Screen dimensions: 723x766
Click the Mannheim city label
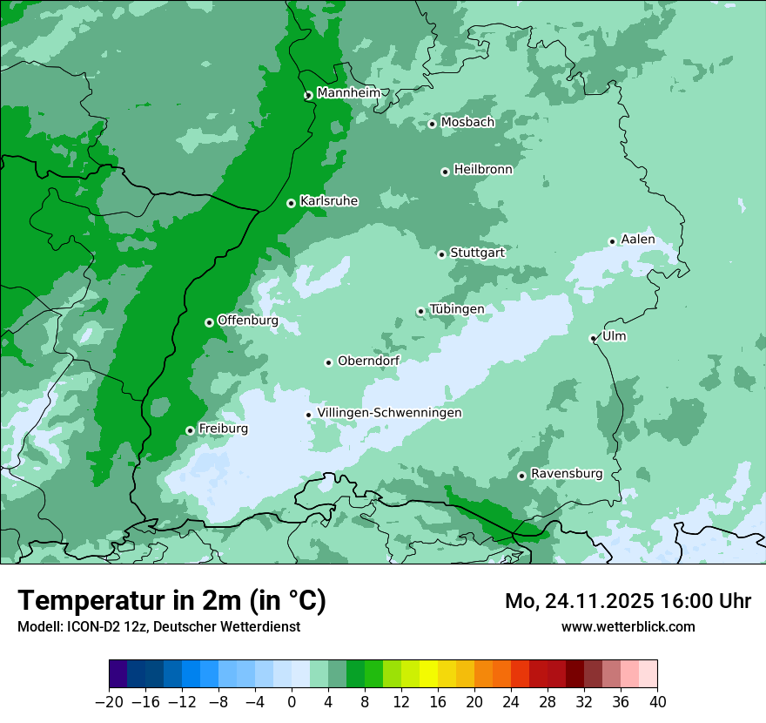click(x=348, y=93)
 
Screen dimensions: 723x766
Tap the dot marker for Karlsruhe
click(x=291, y=203)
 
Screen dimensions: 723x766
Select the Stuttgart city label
click(x=477, y=253)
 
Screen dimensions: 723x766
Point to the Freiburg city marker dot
click(x=190, y=430)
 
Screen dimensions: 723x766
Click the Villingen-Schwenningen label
click(x=389, y=413)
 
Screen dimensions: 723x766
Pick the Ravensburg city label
click(x=566, y=474)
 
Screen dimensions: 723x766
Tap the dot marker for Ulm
click(x=593, y=338)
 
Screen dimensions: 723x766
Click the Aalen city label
click(x=638, y=240)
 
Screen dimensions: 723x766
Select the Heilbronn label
click(x=483, y=170)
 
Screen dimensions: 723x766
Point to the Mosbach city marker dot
click(x=432, y=124)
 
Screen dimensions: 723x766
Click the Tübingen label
click(x=457, y=309)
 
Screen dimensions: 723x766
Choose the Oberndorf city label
click(x=369, y=361)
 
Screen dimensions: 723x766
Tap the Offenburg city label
click(x=248, y=321)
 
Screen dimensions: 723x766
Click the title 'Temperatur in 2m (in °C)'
click(x=171, y=601)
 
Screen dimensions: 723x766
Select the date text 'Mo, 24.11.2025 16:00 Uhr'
click(x=628, y=601)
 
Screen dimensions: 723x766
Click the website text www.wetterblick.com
click(x=628, y=626)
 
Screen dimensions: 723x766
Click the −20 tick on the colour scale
click(x=109, y=702)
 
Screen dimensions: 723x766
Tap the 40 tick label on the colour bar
click(x=657, y=702)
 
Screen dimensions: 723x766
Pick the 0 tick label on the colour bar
click(x=292, y=702)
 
